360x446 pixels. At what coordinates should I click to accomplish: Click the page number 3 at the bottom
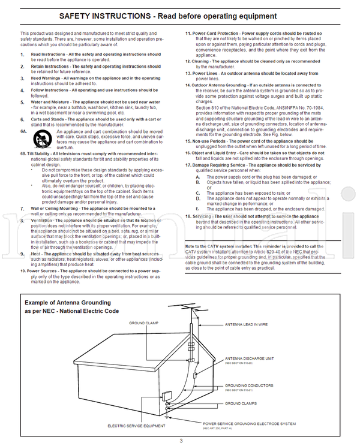181,441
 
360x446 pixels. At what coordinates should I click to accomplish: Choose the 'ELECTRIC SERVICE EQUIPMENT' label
137,426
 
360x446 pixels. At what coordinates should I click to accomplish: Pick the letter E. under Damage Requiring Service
198,208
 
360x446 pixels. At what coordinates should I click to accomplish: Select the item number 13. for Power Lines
188,73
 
